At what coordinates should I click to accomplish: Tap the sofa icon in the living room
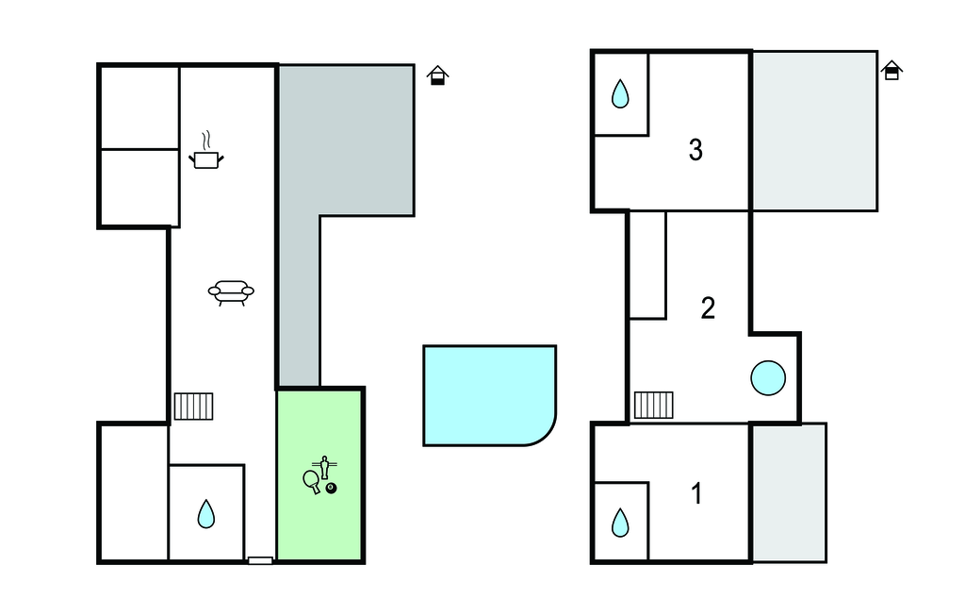[x=231, y=292]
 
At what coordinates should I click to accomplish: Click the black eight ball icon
[x=331, y=488]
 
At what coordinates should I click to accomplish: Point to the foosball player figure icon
[x=324, y=468]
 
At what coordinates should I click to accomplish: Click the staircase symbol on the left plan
[x=193, y=407]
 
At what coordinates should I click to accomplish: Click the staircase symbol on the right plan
[x=654, y=405]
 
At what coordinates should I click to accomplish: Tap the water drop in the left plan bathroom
[x=206, y=513]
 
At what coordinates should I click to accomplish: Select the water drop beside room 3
[x=620, y=93]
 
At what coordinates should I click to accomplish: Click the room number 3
[x=695, y=150]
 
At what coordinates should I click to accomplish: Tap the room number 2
[x=708, y=308]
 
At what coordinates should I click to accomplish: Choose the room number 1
[x=696, y=493]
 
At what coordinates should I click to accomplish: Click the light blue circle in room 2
[x=768, y=377]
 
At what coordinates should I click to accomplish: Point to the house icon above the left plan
[x=437, y=75]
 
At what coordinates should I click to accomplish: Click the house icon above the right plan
[x=891, y=70]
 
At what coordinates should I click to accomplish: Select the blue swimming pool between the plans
[x=489, y=395]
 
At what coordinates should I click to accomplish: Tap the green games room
[x=319, y=474]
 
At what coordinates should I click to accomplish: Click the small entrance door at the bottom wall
[x=260, y=560]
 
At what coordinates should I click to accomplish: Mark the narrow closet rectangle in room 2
[x=647, y=265]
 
